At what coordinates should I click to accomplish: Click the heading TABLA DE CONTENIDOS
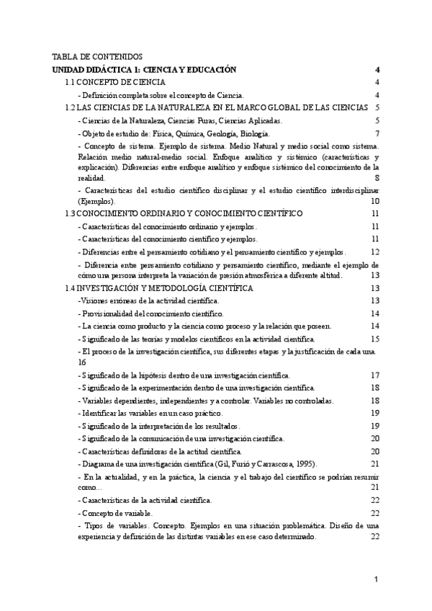coord(98,56)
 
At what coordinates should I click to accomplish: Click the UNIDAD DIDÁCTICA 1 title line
coord(144,69)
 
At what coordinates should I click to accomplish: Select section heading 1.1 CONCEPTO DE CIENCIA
coord(115,82)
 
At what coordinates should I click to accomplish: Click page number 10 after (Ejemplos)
coord(374,201)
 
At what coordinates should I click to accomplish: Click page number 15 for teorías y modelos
coord(374,338)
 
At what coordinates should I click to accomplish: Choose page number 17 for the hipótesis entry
coord(374,375)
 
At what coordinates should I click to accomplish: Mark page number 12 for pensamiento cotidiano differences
coord(374,251)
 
